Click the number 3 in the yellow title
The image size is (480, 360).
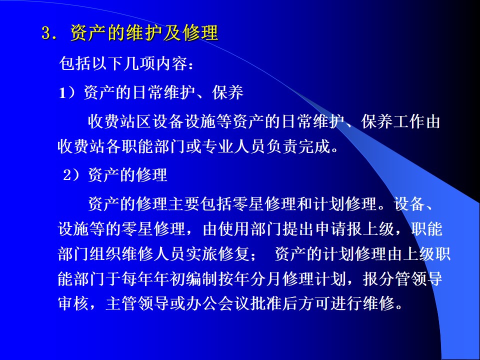46,33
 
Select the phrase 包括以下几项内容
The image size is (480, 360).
123,63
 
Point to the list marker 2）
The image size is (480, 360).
71,175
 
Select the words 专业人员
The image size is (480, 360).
234,146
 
